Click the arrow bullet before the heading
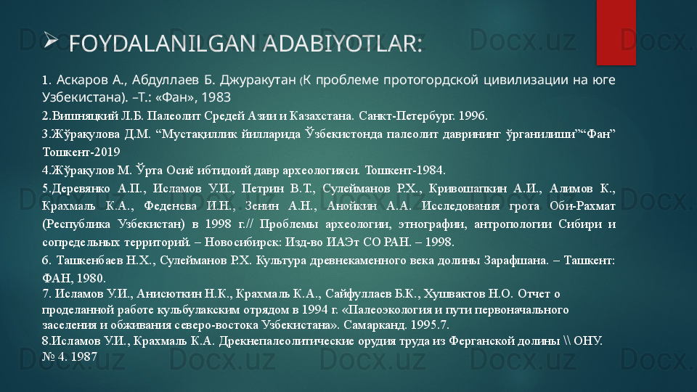(x=51, y=41)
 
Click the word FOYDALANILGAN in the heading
(x=162, y=44)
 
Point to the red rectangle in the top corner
(x=616, y=32)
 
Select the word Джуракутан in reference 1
(x=258, y=80)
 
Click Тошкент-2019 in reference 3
(x=81, y=152)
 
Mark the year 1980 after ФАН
(x=91, y=279)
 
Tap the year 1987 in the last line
(x=83, y=356)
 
